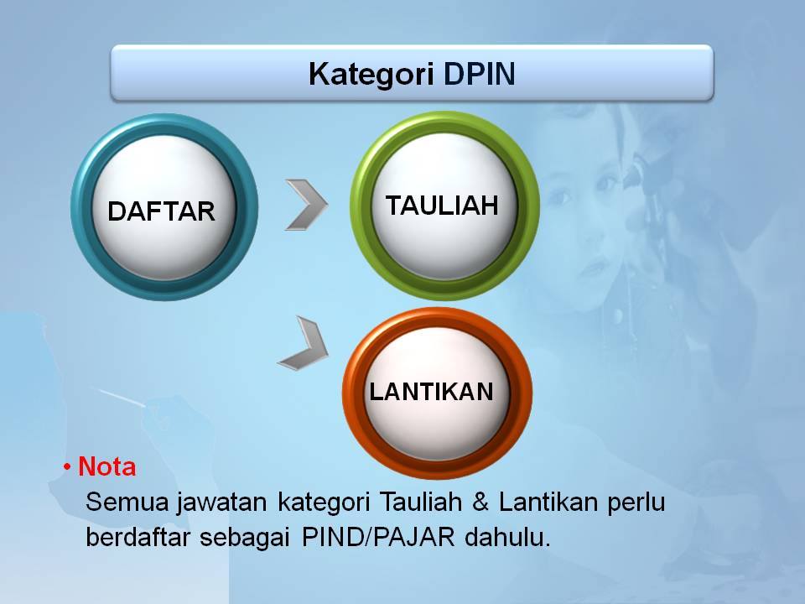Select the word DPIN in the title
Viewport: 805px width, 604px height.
[x=480, y=74]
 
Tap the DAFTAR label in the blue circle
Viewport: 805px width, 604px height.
[x=161, y=211]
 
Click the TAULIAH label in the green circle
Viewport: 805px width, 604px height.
[x=442, y=206]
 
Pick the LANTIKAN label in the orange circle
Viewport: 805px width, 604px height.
[x=432, y=392]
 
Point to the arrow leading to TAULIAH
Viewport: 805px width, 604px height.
[x=307, y=205]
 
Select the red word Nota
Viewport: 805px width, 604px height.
[x=106, y=467]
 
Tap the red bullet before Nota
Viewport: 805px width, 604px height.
[x=67, y=467]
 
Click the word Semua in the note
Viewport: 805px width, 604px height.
[x=127, y=502]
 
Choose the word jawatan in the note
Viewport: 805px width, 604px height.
[x=221, y=502]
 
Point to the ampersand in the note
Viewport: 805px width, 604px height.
[x=480, y=502]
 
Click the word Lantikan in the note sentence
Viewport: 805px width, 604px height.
[x=548, y=502]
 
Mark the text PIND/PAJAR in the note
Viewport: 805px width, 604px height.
[x=378, y=537]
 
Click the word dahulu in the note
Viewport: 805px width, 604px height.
[x=507, y=537]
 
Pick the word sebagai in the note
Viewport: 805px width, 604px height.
[x=246, y=539]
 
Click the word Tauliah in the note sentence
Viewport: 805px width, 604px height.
[x=421, y=502]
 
